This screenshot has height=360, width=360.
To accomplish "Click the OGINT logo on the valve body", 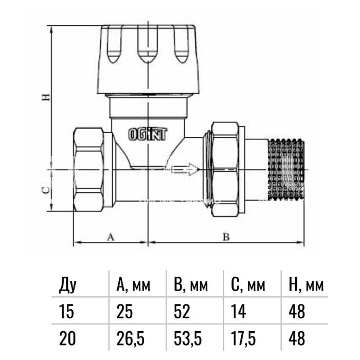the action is [148, 134].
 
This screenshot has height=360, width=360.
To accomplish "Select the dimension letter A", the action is [111, 237].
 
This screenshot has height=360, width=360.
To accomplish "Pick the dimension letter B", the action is [226, 237].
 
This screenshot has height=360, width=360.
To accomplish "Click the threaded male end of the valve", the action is [286, 169].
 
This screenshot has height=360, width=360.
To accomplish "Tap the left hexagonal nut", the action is [88, 169].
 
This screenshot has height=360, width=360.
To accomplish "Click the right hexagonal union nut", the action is [225, 169].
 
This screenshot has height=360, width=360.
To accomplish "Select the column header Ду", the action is [67, 285].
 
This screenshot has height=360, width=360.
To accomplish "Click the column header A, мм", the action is [133, 285].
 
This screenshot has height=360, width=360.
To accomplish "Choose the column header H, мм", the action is [306, 285].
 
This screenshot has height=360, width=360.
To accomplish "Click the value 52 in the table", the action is [182, 312].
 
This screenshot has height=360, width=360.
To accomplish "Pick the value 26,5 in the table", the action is [131, 338].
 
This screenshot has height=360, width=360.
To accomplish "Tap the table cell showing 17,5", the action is [243, 338].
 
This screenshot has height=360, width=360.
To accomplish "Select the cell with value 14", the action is [239, 312].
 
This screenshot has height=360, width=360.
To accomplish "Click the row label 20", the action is [67, 338].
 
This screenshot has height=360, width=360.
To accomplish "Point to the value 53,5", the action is [188, 338].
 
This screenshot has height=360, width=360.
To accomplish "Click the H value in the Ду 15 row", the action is [297, 312].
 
